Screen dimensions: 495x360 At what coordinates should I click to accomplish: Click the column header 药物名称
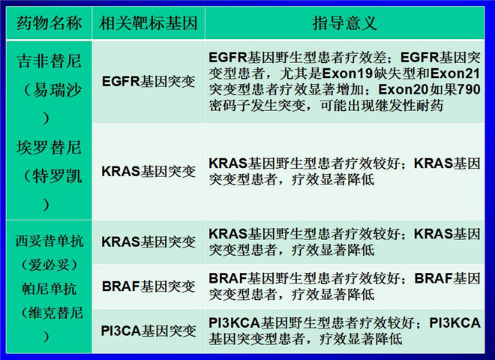pos(49,23)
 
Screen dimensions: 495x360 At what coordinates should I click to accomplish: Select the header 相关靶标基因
pos(148,23)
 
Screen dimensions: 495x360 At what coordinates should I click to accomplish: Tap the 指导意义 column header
pos(345,23)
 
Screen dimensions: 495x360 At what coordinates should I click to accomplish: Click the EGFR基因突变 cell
pos(148,82)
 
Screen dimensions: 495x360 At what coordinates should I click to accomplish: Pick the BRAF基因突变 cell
pos(148,286)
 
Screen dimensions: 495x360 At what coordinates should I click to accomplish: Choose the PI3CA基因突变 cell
pos(148,331)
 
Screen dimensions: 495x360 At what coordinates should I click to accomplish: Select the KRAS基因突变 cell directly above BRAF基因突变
pos(148,242)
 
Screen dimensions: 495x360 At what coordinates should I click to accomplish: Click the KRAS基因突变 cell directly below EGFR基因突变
pos(148,172)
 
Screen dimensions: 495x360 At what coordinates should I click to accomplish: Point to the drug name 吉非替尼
pos(49,61)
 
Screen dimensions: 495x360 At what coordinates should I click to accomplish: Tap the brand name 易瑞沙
pos(57,90)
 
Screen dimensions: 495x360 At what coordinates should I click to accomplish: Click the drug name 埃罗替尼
pos(49,148)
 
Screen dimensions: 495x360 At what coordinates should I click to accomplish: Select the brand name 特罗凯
pos(57,176)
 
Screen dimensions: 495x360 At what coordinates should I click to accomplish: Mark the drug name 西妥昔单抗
pos(49,241)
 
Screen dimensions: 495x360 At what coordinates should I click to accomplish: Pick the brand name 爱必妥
pos(49,265)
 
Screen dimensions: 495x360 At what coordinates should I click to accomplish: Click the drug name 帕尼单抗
pos(49,289)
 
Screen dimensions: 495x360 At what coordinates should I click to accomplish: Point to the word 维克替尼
pos(56,313)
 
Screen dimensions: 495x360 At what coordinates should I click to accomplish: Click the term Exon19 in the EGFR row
pos(347,73)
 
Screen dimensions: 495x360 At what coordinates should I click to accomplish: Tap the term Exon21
pos(455,73)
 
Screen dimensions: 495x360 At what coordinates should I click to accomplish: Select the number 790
pos(469,89)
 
